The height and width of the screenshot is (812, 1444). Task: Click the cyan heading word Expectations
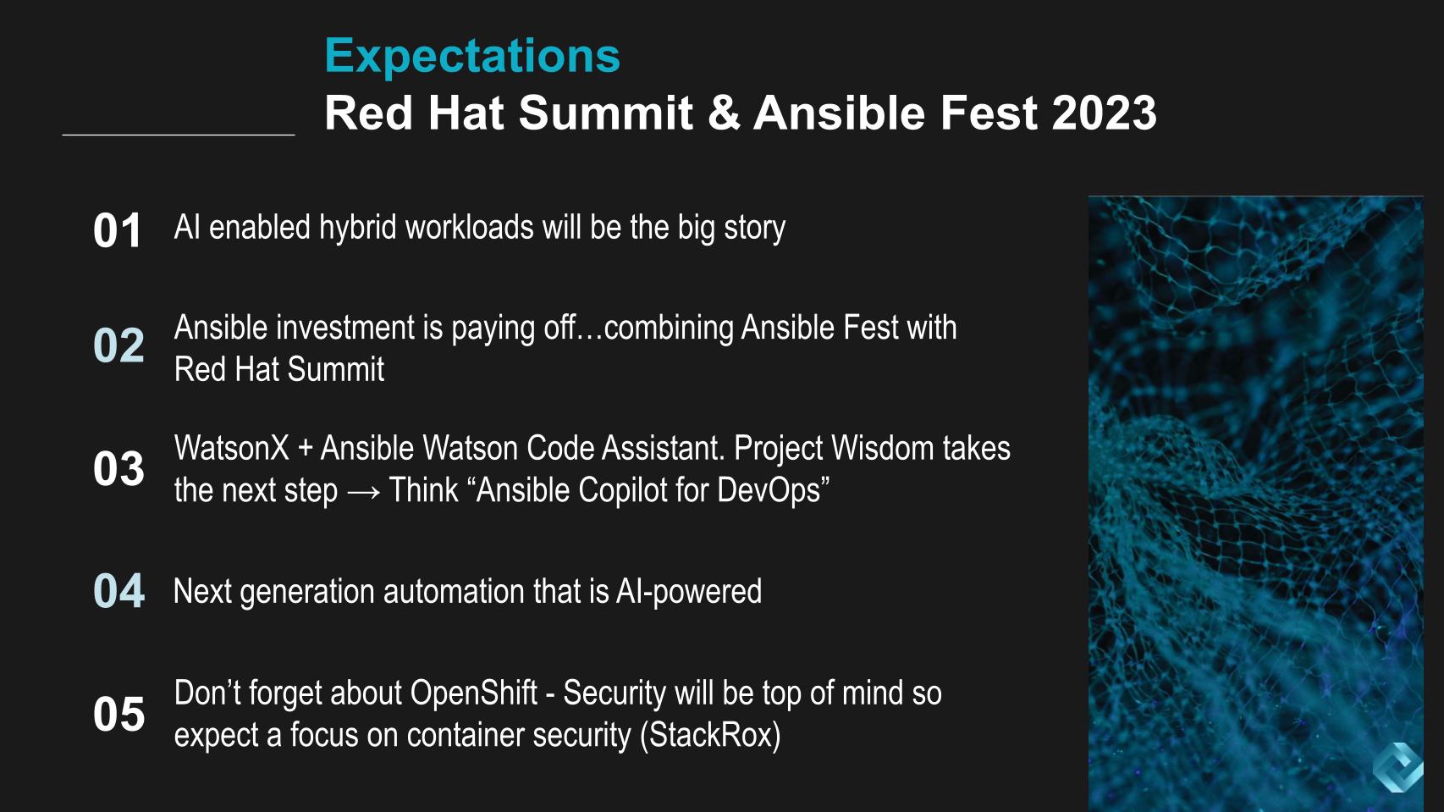point(471,57)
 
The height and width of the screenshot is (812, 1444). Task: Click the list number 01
point(118,231)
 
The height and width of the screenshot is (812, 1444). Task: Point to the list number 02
point(118,345)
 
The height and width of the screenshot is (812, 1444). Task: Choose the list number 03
point(118,469)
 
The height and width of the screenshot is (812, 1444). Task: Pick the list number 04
point(118,591)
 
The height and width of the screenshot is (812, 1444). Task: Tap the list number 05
point(118,714)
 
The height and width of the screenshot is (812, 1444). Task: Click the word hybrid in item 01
point(358,229)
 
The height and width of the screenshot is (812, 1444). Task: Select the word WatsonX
point(232,448)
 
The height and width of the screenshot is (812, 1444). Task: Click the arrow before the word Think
point(363,492)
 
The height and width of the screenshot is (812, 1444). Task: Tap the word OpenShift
point(474,693)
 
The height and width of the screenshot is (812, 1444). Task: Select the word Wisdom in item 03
point(883,448)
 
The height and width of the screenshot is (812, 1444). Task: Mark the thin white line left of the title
point(179,135)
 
